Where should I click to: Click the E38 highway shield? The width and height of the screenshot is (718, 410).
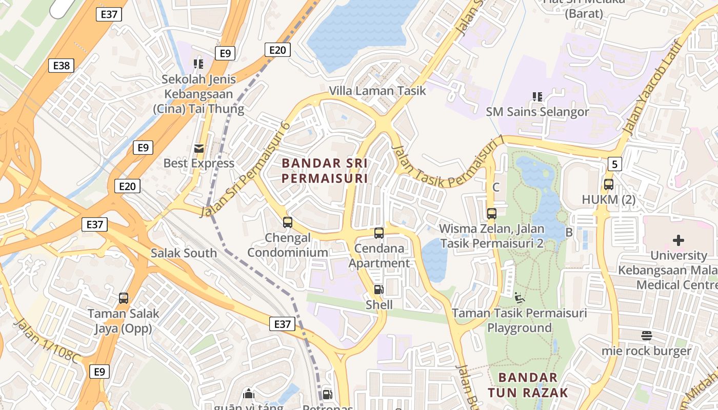point(61,66)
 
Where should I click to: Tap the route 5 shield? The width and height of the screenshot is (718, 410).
point(615,164)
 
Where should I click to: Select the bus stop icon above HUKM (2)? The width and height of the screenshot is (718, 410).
point(609,184)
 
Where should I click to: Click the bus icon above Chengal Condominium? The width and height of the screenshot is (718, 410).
point(288,222)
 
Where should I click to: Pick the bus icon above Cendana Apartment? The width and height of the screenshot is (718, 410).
point(379,233)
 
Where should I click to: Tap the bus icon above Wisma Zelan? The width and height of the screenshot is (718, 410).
point(491,213)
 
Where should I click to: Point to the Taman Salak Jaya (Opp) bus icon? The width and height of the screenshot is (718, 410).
point(124,298)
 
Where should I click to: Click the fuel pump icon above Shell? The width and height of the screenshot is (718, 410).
point(378,290)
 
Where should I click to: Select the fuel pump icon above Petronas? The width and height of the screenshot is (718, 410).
point(327,395)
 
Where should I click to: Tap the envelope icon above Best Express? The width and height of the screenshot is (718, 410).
point(198,149)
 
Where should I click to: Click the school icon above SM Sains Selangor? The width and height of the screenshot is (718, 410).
point(537,96)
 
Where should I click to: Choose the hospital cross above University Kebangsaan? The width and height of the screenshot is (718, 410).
point(679,240)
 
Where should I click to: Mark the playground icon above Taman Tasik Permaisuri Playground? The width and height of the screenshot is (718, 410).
point(520,297)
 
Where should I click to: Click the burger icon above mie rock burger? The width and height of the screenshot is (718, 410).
point(646,336)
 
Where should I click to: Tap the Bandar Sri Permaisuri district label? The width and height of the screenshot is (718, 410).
point(325,171)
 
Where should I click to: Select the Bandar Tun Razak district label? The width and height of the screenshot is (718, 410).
point(528,385)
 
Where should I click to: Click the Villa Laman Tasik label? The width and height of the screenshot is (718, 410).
point(377,91)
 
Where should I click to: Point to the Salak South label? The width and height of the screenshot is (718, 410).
point(184,253)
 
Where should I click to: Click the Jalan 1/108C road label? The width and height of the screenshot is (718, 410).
point(47,341)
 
